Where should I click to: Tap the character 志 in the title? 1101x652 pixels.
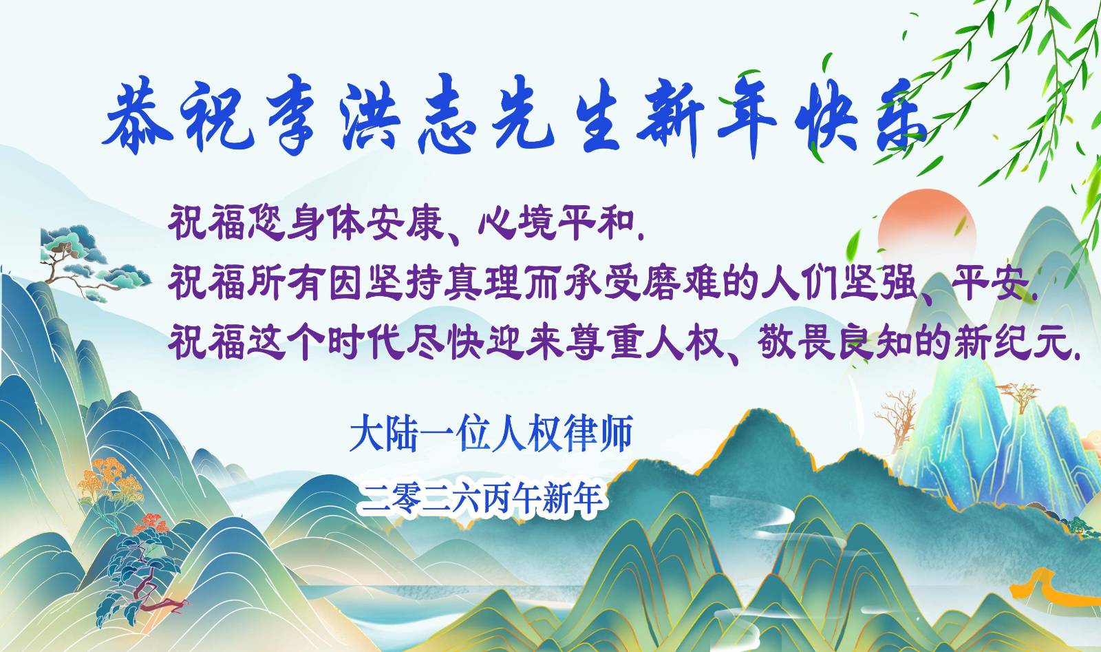tap(447, 118)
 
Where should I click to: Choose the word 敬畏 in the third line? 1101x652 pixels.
tap(795, 341)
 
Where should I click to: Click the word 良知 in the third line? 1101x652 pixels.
tap(875, 341)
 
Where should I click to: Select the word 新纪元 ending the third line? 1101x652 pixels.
tap(1012, 342)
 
